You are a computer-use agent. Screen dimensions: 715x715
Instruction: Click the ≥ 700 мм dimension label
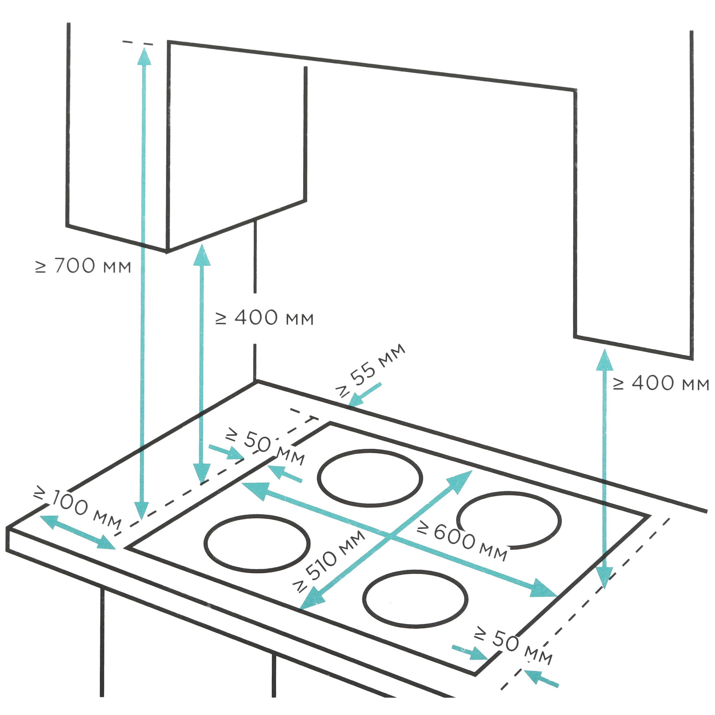coord(83,266)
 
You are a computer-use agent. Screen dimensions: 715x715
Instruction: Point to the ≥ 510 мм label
coord(329,561)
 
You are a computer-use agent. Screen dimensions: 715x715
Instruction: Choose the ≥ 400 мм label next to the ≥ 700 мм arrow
coord(265,317)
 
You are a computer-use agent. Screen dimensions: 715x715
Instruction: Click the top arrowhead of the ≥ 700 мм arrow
coord(144,56)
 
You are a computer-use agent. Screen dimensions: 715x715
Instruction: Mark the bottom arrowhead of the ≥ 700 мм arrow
coord(142,511)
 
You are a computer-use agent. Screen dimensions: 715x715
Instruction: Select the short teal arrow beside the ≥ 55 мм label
coord(365,395)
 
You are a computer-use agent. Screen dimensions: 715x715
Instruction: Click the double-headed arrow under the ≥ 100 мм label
coord(77,532)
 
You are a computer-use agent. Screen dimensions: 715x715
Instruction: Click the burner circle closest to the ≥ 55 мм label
coord(370,478)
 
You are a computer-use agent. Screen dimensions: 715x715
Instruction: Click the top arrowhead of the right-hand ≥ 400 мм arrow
coord(605,359)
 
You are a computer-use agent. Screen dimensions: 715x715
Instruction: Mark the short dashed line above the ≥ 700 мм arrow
coord(137,43)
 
